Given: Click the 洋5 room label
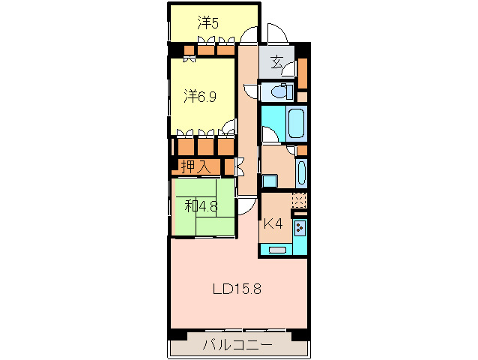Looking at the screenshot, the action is coord(208,23).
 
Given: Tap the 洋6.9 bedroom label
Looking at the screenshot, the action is coord(200,97).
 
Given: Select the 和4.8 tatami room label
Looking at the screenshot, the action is coord(201,206).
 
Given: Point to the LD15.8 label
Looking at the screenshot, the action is coord(237,289).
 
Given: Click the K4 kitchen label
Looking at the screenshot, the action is coord(273,224).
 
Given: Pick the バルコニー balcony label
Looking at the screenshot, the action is coord(238,345).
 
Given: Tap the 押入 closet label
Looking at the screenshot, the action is coord(196,166).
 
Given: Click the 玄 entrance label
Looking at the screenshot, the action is coord(276,62).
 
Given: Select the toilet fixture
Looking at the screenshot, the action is coord(282,91).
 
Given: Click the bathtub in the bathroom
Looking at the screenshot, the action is coord(296,123).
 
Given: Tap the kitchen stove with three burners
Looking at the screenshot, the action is coord(300,227).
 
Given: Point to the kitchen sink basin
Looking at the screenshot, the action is coord(277,250).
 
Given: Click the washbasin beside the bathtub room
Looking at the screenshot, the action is coord(301,172).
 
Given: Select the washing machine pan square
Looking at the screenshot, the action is coord(270,181).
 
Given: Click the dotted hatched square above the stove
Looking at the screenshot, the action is coord(299,200).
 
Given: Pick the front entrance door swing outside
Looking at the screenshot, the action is coord(277,33).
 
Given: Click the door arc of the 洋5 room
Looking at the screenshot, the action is coord(249,34).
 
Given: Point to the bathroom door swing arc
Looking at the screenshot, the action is coord(270,134).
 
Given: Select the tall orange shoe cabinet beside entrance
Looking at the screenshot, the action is coord(302,73).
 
